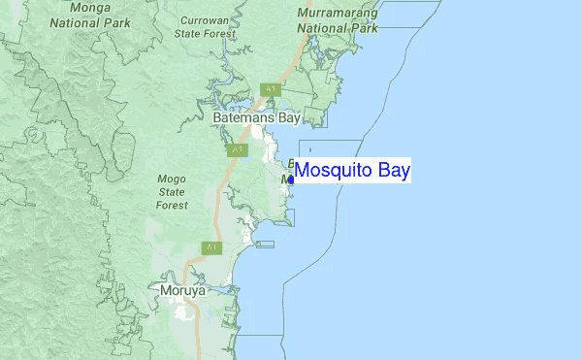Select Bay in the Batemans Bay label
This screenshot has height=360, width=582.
pyautogui.click(x=290, y=118)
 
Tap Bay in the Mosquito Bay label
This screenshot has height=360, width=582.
pyautogui.click(x=392, y=171)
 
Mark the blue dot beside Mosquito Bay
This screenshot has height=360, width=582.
pyautogui.click(x=292, y=180)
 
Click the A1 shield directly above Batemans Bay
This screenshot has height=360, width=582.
pyautogui.click(x=270, y=89)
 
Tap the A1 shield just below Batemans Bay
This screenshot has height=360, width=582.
pyautogui.click(x=238, y=150)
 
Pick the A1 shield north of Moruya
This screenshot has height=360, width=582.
pyautogui.click(x=211, y=248)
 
